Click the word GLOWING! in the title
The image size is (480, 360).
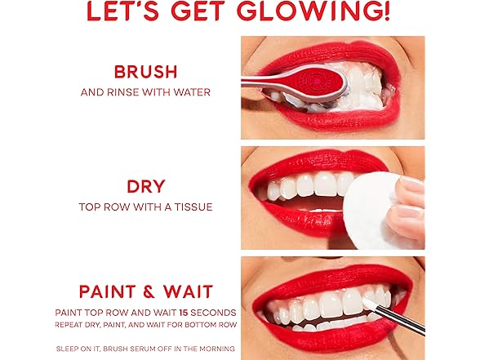pyautogui.click(x=313, y=11)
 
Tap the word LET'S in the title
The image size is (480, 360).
pyautogui.click(x=123, y=11)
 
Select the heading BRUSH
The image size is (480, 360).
pyautogui.click(x=145, y=72)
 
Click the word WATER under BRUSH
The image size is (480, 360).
pyautogui.click(x=192, y=92)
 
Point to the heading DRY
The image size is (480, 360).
pyautogui.click(x=146, y=186)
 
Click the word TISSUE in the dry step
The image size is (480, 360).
pyautogui.click(x=193, y=207)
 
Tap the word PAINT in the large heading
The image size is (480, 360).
pyautogui.click(x=108, y=291)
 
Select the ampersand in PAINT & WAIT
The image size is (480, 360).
pyautogui.click(x=149, y=291)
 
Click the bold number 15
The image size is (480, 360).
pyautogui.click(x=184, y=313)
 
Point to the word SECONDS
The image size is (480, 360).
pyautogui.click(x=213, y=313)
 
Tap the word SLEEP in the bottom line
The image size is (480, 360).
pyautogui.click(x=66, y=349)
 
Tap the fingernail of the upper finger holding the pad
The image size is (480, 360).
pyautogui.click(x=408, y=183)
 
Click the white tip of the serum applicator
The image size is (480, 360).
pyautogui.click(x=370, y=303)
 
